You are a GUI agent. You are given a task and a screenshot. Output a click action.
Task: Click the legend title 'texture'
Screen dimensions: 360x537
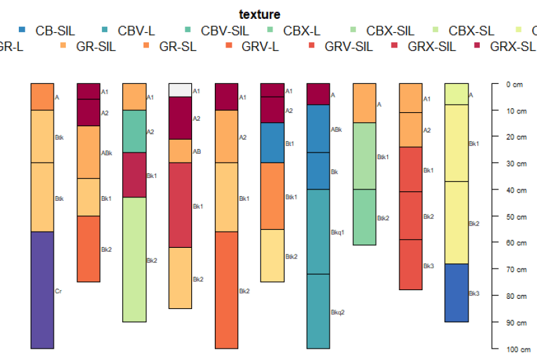(x=260, y=14)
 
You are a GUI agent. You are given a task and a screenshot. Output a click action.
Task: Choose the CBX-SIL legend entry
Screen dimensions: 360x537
(x=390, y=30)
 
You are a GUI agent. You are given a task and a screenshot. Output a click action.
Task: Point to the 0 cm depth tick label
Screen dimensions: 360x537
(x=514, y=85)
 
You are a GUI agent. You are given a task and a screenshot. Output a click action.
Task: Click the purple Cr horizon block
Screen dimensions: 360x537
(x=42, y=289)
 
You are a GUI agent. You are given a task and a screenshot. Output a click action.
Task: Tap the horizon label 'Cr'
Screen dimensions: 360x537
(x=58, y=291)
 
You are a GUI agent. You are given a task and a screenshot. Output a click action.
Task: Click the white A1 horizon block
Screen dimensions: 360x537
(x=180, y=90)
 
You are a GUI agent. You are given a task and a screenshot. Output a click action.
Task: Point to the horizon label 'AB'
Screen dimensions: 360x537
(x=197, y=152)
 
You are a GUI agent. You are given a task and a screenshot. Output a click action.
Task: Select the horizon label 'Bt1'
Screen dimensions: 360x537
(x=289, y=143)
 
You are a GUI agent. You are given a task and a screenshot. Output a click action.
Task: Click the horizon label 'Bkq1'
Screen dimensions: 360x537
(x=337, y=232)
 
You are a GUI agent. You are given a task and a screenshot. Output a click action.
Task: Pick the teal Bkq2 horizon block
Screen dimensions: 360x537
(x=318, y=311)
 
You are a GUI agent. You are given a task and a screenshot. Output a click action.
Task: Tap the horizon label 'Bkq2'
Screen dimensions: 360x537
(x=337, y=312)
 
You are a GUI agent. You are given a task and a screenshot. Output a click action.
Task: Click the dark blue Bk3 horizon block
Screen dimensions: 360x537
(x=456, y=293)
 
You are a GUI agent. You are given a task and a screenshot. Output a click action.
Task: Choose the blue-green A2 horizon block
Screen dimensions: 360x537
(x=134, y=131)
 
